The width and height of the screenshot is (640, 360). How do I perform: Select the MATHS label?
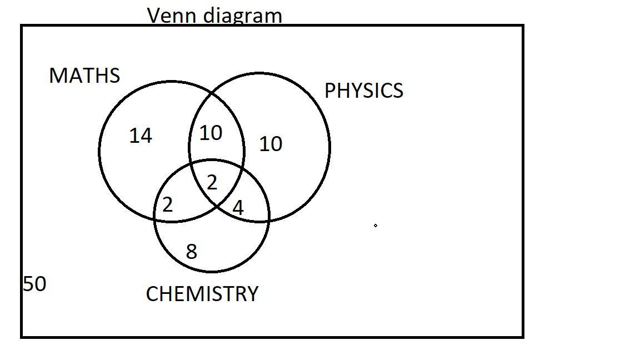click(84, 76)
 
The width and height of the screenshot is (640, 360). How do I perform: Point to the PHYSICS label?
click(363, 91)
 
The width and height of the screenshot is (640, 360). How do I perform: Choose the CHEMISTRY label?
click(202, 294)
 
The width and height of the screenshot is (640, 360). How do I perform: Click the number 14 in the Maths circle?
click(141, 136)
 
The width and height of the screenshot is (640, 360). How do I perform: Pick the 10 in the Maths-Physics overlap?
click(211, 133)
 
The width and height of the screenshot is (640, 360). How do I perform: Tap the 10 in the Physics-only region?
click(271, 144)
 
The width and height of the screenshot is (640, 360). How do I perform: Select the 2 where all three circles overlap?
click(212, 182)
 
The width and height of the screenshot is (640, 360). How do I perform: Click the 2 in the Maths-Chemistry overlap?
click(168, 205)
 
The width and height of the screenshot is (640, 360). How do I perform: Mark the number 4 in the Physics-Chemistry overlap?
click(238, 208)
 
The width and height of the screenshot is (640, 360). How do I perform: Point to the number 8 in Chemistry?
click(192, 252)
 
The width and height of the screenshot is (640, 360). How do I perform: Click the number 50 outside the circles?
click(34, 284)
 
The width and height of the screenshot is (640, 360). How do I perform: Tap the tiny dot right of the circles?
click(376, 226)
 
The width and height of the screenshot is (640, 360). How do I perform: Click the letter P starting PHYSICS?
click(329, 91)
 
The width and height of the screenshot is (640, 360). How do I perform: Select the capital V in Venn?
click(155, 16)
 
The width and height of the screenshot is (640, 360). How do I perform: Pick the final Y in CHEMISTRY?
click(252, 294)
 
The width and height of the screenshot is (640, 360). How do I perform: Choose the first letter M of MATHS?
click(57, 76)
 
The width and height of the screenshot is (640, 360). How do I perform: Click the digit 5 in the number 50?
click(28, 284)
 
